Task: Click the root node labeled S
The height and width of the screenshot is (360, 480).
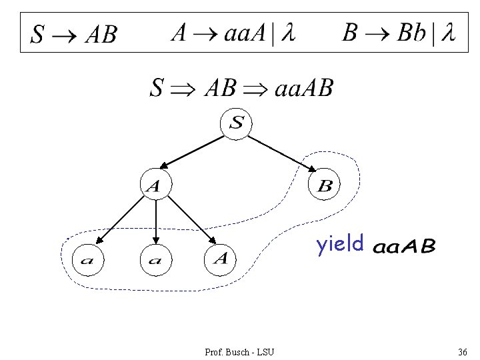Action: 237,123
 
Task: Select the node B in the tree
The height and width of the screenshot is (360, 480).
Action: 325,185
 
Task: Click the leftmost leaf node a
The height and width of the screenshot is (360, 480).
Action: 87,259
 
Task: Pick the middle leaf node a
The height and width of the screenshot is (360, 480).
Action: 155,259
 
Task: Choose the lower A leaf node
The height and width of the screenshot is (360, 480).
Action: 222,258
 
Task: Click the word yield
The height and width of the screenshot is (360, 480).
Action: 340,245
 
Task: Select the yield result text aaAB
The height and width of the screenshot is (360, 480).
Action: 404,247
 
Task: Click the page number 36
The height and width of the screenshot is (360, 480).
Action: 462,351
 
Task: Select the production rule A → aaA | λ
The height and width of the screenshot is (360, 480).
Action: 233,33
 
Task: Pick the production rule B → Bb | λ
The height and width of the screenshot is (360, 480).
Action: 399,33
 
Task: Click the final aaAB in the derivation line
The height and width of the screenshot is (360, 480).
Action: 303,87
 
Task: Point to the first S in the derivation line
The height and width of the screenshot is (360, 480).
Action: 157,87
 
